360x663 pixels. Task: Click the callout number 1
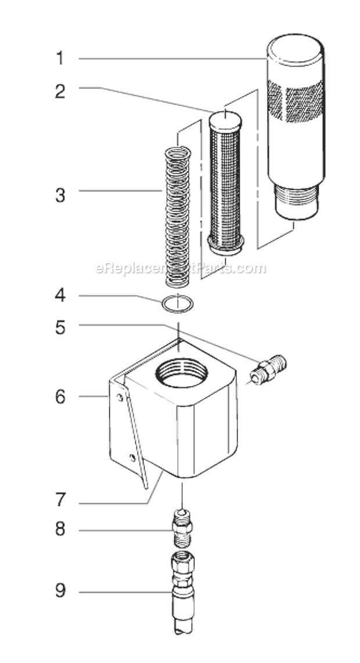pos(60,59)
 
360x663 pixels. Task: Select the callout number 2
pos(60,92)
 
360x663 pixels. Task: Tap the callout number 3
pos(60,195)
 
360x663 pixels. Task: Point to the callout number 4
pos(60,296)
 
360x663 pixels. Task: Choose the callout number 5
pos(60,328)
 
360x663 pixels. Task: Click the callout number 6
pos(60,397)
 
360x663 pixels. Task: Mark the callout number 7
pos(60,499)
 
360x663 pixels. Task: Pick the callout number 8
pos(60,530)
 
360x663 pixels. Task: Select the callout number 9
pos(60,592)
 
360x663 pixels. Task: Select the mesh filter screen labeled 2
pos(225,183)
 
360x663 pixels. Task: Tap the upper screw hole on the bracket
pos(119,397)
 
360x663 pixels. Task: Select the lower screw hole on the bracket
pos(134,458)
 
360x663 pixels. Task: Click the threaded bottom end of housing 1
pos(296,201)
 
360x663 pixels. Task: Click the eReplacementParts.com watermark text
pos(180,268)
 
